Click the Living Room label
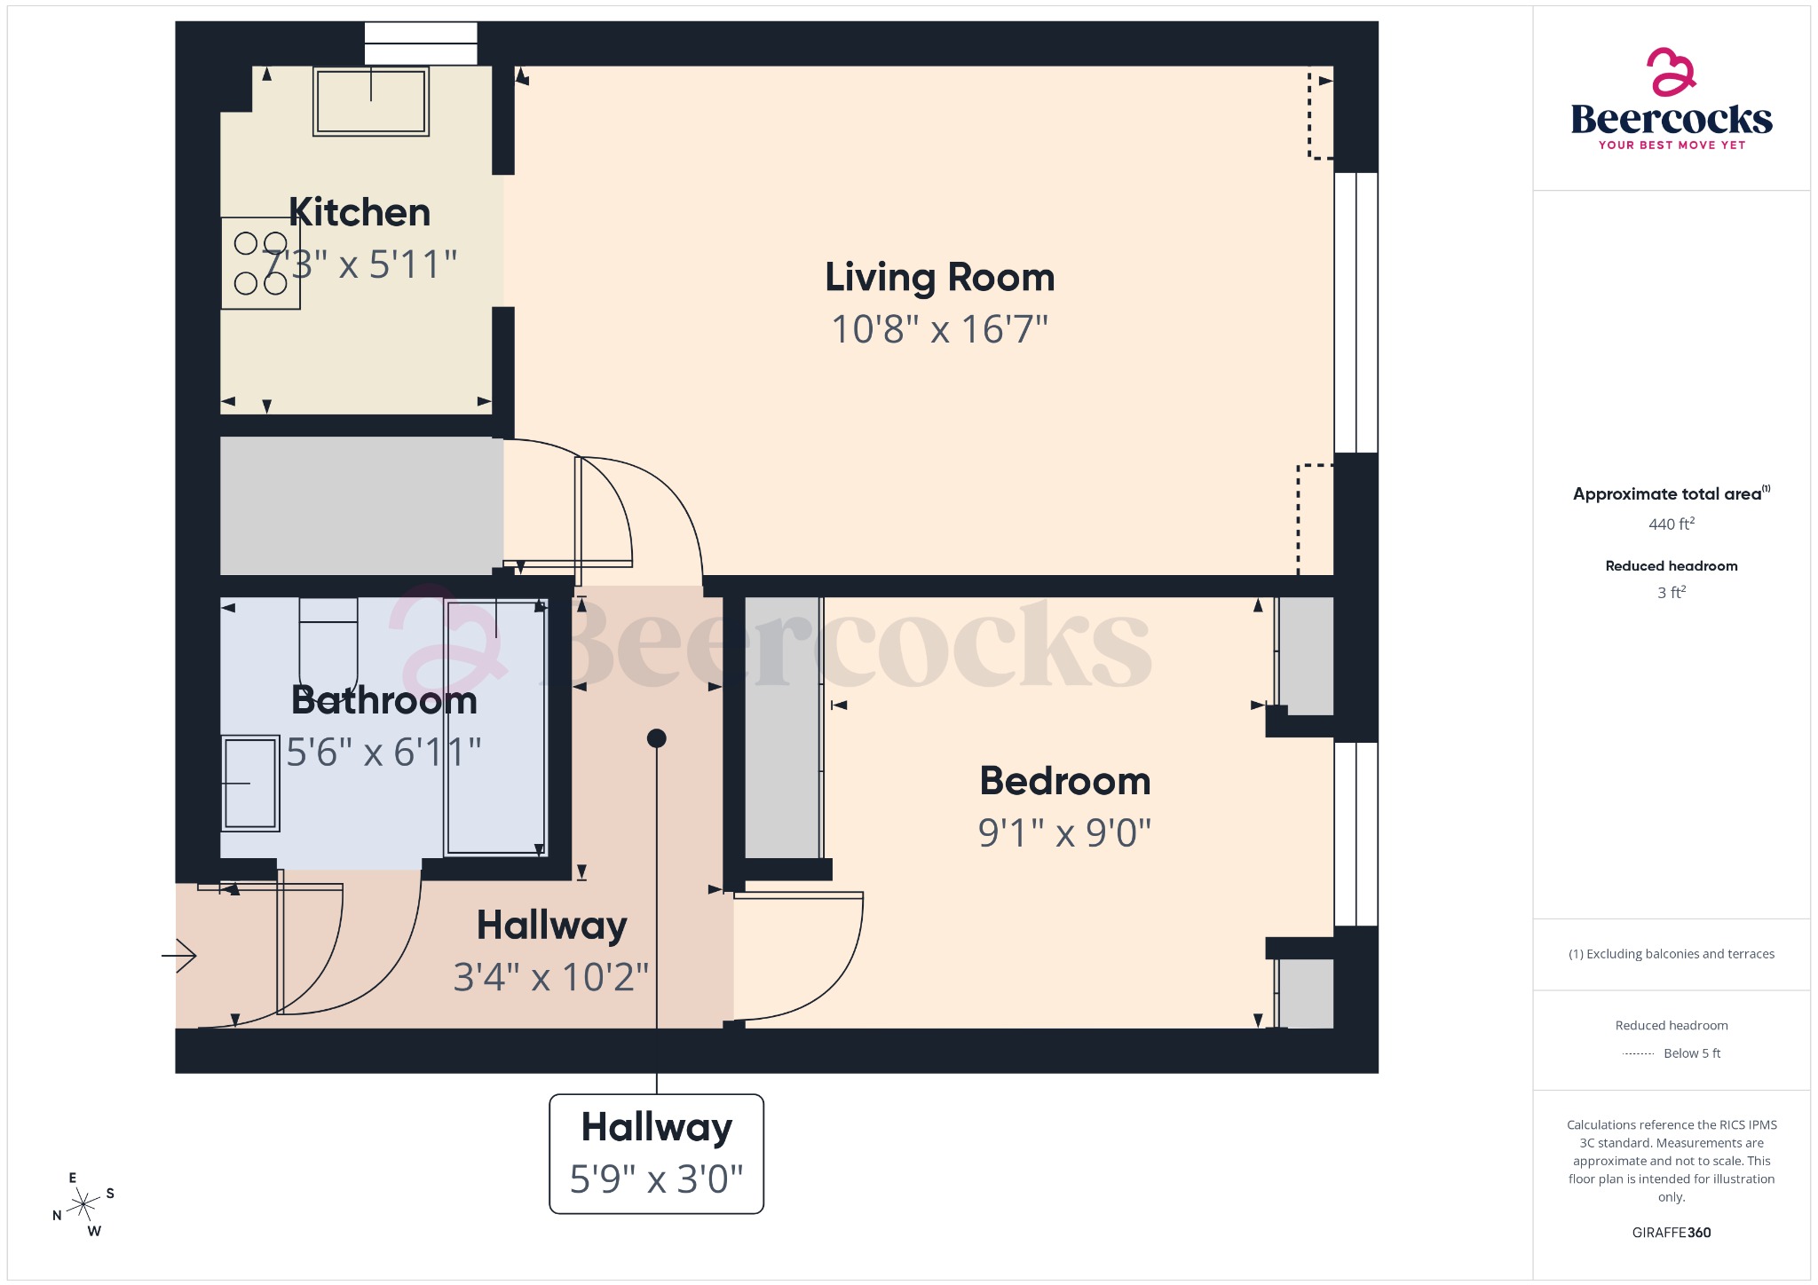[x=939, y=278]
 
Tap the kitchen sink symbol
[x=371, y=101]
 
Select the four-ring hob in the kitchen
[x=260, y=264]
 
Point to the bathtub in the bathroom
[x=495, y=728]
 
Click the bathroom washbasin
[x=250, y=783]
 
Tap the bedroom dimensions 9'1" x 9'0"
[x=1064, y=832]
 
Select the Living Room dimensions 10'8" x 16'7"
[x=939, y=329]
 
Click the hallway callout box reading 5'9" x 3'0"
[x=656, y=1153]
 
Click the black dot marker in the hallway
[x=656, y=738]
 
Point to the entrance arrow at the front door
[x=180, y=956]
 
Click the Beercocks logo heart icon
[x=1671, y=73]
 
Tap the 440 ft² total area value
[x=1671, y=524]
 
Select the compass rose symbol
[x=84, y=1204]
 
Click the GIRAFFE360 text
[x=1671, y=1233]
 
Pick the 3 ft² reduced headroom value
[x=1671, y=593]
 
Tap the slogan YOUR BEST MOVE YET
[x=1671, y=146]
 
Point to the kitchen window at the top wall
[x=421, y=43]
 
